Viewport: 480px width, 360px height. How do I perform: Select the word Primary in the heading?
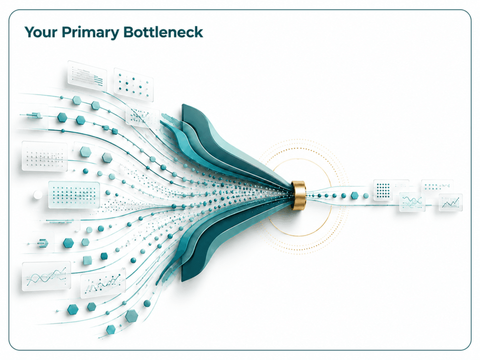[x=90, y=33]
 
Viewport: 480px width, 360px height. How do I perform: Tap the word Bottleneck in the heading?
[x=163, y=32]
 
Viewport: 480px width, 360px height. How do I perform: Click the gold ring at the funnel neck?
[x=298, y=195]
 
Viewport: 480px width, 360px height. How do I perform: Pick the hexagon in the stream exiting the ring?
[x=354, y=195]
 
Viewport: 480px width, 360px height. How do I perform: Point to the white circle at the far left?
[x=37, y=195]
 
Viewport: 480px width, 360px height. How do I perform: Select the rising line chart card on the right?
[x=450, y=202]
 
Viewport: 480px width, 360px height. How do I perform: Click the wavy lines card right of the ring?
[x=412, y=202]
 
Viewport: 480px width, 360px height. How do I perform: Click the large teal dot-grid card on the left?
[x=74, y=195]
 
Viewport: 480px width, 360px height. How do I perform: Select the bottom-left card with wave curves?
[x=46, y=276]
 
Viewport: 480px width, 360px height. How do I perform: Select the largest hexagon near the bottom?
[x=131, y=315]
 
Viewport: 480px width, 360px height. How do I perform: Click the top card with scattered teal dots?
[x=134, y=84]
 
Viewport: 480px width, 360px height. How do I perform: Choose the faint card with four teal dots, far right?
[x=437, y=186]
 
